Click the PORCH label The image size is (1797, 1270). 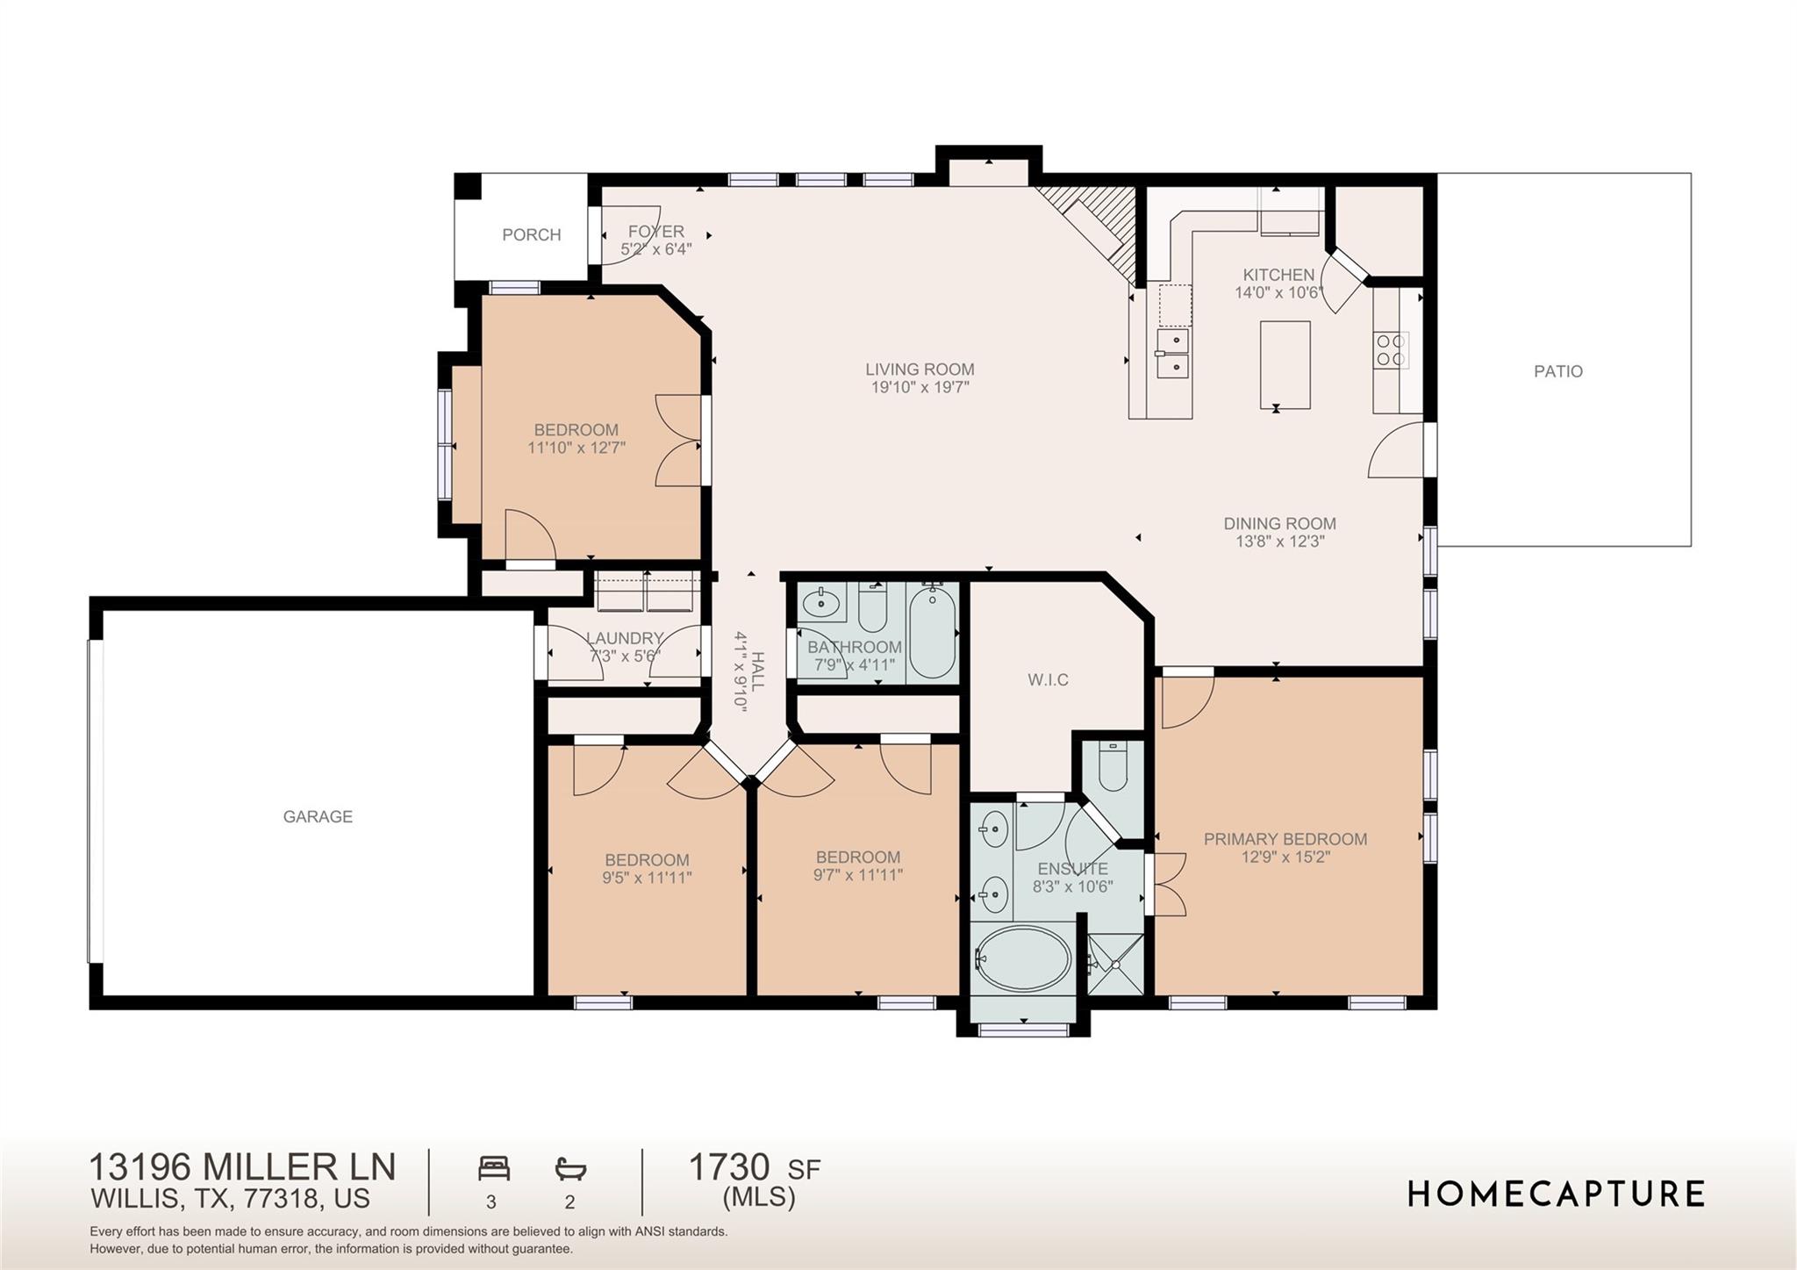pos(531,234)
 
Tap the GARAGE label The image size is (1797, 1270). pos(318,816)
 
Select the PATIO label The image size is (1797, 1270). pos(1558,371)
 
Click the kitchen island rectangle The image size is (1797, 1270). pos(1285,365)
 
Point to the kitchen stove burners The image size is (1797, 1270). pos(1391,349)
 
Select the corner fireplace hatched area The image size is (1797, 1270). pos(1089,232)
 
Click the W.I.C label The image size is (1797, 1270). pos(1048,679)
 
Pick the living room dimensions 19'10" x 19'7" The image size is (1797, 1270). pos(920,387)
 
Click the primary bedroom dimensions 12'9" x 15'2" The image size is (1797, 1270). pos(1285,857)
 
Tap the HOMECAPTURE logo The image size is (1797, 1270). pos(1556,1194)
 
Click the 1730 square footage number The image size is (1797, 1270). pos(728,1167)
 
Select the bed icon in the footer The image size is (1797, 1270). pos(493,1168)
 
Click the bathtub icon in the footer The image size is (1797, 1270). pos(570,1168)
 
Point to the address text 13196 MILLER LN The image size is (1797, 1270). pos(242,1167)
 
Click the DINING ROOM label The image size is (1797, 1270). pos(1279,523)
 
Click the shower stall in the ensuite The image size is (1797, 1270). pos(1116,964)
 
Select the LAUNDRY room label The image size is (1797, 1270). pos(624,638)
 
